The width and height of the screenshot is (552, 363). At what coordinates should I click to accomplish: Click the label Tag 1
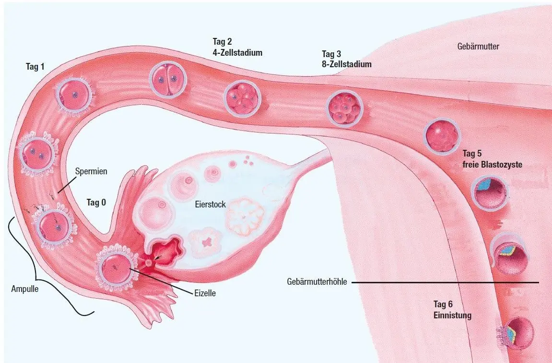tap(35, 66)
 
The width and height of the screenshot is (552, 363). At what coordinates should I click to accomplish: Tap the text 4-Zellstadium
tap(237, 53)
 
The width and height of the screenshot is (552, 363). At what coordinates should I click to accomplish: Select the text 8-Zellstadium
tap(346, 64)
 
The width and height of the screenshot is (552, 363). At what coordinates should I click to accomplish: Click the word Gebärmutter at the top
tap(478, 46)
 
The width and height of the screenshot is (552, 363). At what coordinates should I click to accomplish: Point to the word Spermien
tap(91, 171)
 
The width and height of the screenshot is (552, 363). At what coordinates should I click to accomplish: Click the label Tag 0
tap(96, 203)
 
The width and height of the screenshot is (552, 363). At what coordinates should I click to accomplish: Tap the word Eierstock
tap(210, 205)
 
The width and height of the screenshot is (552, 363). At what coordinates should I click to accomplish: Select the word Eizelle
tap(205, 293)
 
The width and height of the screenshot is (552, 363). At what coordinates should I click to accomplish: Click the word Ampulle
tap(24, 289)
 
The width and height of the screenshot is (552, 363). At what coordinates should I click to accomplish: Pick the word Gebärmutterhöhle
tap(317, 282)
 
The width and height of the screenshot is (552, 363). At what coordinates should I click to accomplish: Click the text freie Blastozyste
tap(492, 165)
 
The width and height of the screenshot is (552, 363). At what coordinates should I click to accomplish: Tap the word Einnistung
tap(452, 315)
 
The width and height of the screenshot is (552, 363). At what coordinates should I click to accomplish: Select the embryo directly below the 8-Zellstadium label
tap(345, 108)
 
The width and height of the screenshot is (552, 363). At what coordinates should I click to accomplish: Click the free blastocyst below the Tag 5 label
tap(489, 193)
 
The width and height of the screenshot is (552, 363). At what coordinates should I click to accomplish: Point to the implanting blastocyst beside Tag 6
tap(516, 333)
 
